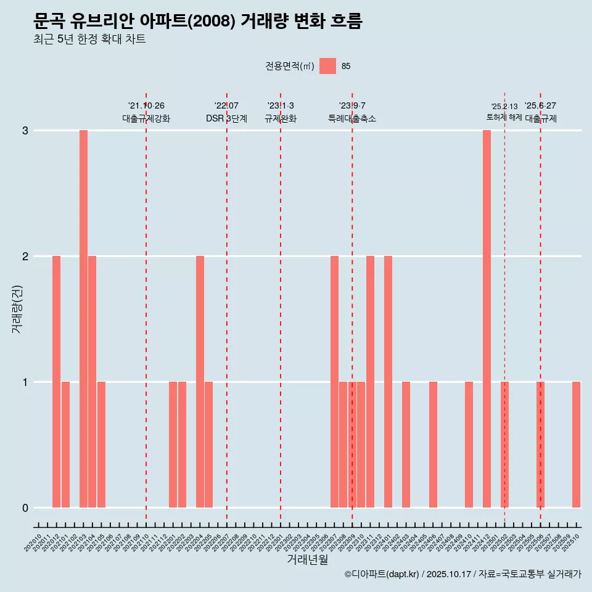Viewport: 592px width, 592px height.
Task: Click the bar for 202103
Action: point(83,319)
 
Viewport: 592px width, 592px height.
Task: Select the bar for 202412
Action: point(487,319)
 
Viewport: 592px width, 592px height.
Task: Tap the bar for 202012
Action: point(56,382)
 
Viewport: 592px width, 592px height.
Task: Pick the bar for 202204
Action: point(200,382)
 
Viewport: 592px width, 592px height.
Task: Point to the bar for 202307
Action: point(334,382)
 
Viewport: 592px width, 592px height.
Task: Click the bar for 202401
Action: point(388,382)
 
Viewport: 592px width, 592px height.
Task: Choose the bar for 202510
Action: point(576,445)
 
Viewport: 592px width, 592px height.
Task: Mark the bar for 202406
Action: point(433,445)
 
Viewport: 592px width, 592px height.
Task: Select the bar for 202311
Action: point(370,382)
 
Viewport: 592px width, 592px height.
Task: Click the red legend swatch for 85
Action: point(327,66)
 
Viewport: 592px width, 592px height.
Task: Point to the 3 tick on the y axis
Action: point(25,131)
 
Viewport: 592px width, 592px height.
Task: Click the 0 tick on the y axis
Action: point(25,508)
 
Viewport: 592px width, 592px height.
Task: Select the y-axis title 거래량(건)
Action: point(17,309)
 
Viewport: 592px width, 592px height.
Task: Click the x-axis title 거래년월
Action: point(307,560)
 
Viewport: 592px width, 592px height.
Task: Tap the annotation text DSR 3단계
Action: point(226,118)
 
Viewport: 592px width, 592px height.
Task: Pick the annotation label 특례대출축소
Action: point(352,118)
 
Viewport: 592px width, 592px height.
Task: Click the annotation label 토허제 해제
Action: point(504,117)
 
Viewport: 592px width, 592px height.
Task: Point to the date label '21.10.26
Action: point(146,106)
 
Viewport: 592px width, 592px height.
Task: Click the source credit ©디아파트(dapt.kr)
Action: point(382,575)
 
